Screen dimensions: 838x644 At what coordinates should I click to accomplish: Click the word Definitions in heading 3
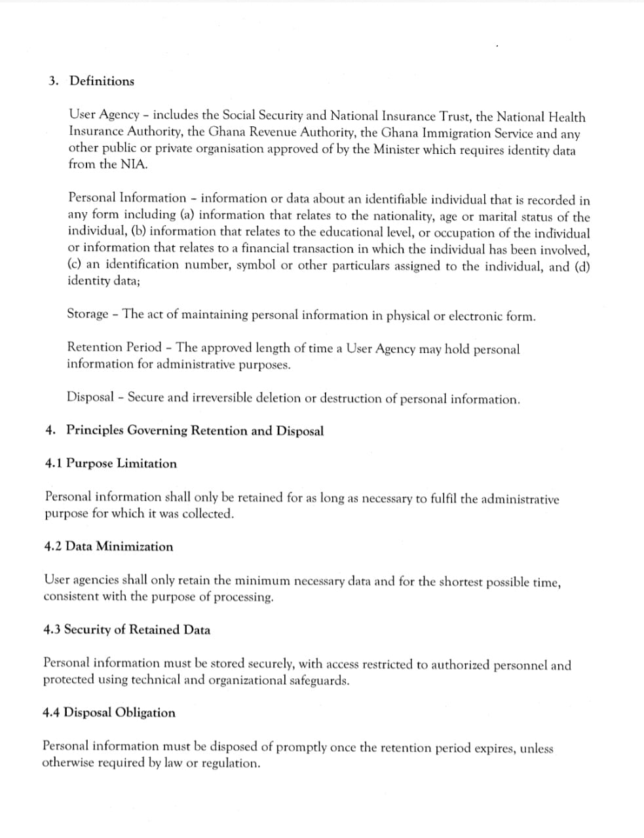point(102,81)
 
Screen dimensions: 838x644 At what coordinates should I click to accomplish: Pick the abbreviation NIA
point(133,164)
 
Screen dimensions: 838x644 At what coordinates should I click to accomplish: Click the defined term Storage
point(88,314)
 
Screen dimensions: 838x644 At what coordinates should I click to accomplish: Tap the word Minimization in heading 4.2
point(134,547)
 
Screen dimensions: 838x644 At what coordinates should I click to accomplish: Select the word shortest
point(461,581)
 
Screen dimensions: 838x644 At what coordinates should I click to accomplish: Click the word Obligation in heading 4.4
point(145,712)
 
